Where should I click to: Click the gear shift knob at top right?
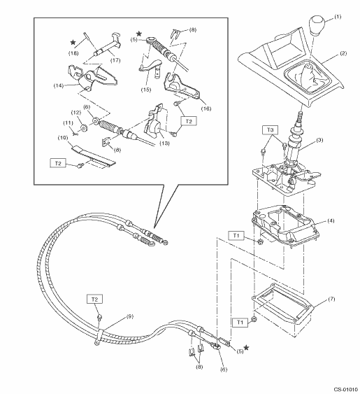click(x=317, y=26)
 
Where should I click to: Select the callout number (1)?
click(x=338, y=17)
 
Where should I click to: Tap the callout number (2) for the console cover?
click(x=343, y=53)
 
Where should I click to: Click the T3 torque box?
click(x=270, y=130)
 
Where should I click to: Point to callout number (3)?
click(x=319, y=140)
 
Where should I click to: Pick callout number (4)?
click(x=331, y=221)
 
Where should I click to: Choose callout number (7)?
click(x=331, y=300)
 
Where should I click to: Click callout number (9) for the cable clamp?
click(x=129, y=316)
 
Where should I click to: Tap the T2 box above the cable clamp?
click(x=94, y=300)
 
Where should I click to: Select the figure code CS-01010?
click(x=345, y=390)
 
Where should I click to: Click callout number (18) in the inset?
click(x=73, y=53)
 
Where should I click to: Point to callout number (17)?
click(x=115, y=60)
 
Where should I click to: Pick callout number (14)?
click(x=59, y=85)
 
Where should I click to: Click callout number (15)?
click(x=146, y=90)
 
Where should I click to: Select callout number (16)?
click(x=206, y=108)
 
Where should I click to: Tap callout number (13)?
click(x=164, y=143)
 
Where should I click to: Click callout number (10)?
click(x=63, y=138)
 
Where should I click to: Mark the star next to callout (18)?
click(x=73, y=43)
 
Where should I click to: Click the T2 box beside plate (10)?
click(x=58, y=163)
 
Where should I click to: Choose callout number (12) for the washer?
click(x=76, y=113)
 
